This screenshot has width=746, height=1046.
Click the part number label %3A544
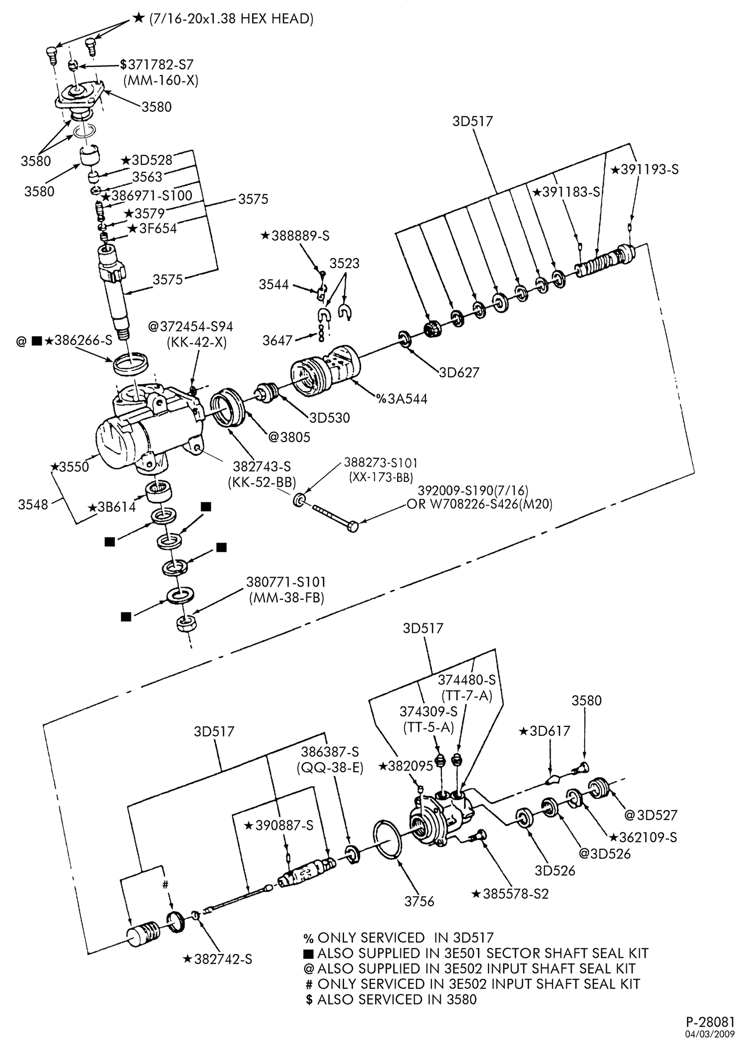401,399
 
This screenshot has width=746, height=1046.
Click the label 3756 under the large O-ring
419,901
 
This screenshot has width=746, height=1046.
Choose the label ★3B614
112,507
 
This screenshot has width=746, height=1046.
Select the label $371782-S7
157,65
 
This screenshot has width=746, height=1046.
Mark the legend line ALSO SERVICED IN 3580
391,999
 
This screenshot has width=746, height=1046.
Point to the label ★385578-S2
510,894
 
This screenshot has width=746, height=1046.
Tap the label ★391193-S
645,170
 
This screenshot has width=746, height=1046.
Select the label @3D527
650,815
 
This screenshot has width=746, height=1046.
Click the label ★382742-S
217,959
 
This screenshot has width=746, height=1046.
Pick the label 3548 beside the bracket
33,505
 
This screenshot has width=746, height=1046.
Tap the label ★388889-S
295,236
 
